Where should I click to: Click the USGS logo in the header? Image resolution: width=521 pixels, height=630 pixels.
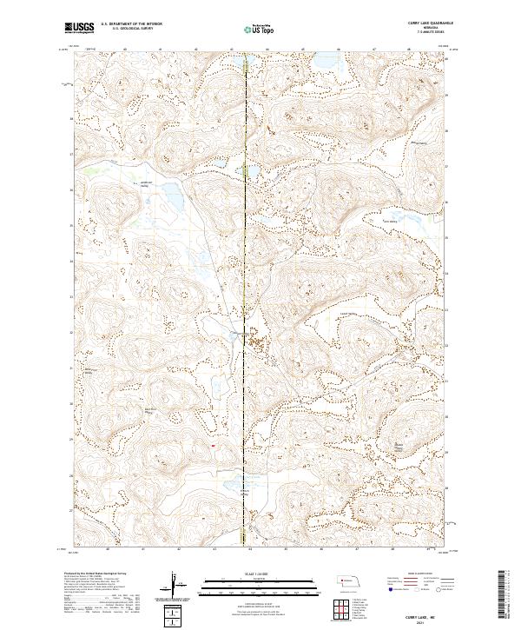pos(80,28)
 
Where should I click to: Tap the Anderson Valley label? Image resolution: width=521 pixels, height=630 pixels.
pos(146,182)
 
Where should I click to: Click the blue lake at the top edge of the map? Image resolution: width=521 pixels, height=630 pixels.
pos(234,65)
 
